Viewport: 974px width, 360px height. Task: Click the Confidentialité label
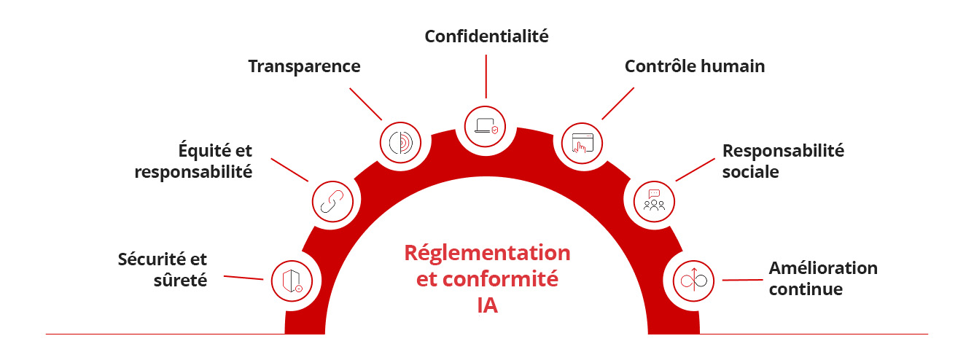click(x=486, y=36)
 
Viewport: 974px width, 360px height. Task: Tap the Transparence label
click(x=305, y=67)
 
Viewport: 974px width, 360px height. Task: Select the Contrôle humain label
click(x=694, y=66)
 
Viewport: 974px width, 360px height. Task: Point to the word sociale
click(x=750, y=172)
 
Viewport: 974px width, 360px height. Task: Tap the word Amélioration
click(x=823, y=268)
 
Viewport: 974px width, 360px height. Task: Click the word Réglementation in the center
click(x=487, y=253)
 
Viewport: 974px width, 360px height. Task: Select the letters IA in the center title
click(x=487, y=305)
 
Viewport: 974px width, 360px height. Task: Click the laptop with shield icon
click(x=486, y=127)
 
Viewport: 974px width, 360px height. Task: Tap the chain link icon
click(x=332, y=201)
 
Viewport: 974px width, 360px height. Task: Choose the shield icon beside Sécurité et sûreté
click(x=292, y=281)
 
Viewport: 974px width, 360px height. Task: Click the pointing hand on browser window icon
click(x=583, y=143)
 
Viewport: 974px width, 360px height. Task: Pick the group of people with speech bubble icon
click(x=654, y=200)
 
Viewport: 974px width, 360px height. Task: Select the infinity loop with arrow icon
click(x=693, y=281)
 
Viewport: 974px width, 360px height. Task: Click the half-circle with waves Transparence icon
click(x=400, y=143)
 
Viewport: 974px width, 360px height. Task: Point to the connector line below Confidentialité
click(x=486, y=77)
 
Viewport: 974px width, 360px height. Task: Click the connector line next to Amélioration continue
click(x=742, y=280)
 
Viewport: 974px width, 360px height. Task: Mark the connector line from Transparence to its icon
click(x=366, y=104)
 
